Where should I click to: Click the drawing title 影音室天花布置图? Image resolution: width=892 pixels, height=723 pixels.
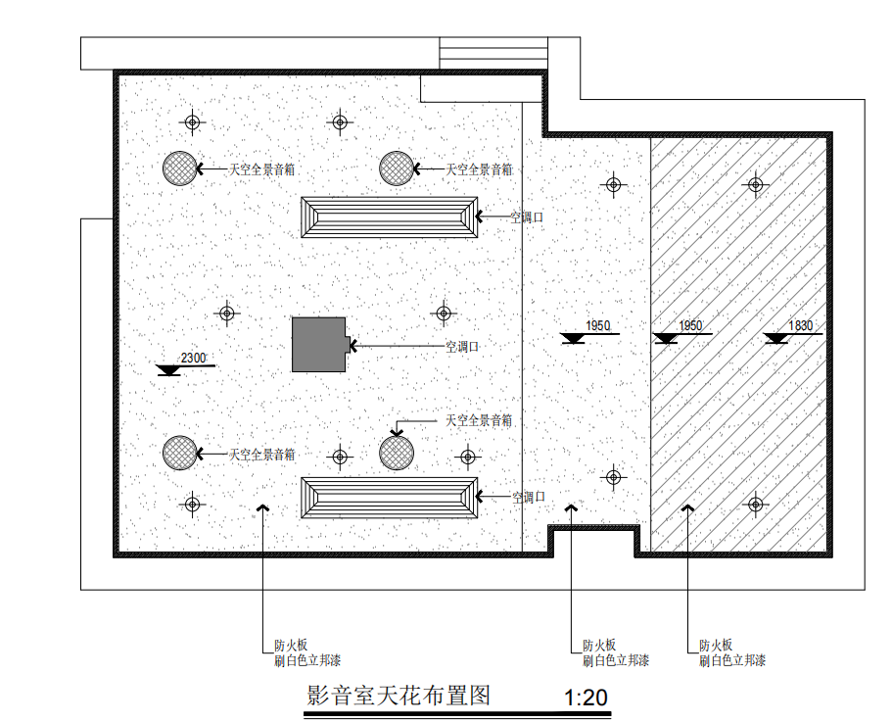tap(398, 697)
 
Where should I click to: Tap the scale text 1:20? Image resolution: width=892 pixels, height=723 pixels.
tap(587, 699)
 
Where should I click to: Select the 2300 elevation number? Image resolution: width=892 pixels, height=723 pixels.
tap(193, 359)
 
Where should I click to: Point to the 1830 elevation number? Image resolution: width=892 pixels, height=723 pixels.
tap(801, 326)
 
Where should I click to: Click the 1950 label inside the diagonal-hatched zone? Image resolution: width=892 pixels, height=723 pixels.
tap(691, 325)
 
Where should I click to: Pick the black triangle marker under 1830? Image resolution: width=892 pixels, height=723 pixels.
tap(776, 339)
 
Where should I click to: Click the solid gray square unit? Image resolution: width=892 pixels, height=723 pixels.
tap(320, 344)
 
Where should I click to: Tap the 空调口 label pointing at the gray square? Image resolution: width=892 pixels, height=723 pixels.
tap(461, 346)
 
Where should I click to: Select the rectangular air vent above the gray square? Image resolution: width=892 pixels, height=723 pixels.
tap(390, 217)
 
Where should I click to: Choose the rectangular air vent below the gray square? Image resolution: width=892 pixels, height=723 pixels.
tap(390, 498)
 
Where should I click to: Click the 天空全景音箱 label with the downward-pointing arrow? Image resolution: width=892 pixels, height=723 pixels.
tap(479, 420)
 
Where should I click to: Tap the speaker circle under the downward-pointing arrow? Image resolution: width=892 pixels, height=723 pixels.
tap(397, 453)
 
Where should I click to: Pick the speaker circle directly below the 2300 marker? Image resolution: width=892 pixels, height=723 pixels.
tap(180, 453)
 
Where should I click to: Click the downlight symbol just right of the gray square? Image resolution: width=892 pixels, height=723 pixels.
tap(444, 313)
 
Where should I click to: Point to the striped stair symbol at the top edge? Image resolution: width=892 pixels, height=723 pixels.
tap(493, 53)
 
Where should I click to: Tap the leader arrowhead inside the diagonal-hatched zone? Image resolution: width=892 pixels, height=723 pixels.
tap(688, 509)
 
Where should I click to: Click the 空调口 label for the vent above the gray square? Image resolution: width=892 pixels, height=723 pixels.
tap(527, 217)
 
